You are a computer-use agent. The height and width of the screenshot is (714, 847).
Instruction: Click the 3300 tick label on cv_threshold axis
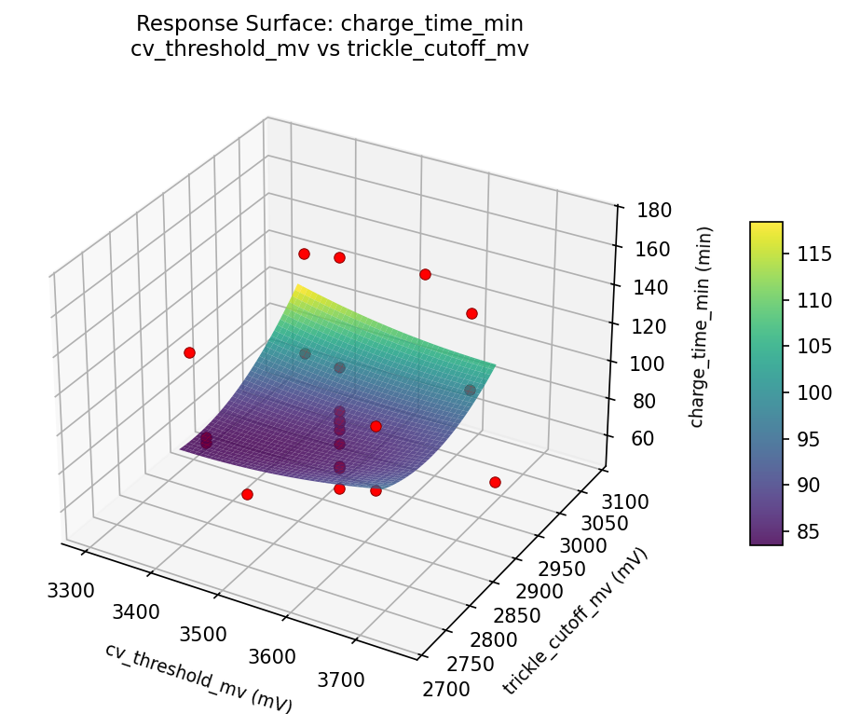(x=69, y=590)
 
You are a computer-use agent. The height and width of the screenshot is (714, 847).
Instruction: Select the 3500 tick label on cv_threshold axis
(x=203, y=635)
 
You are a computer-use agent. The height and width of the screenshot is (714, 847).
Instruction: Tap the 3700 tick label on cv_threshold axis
(x=341, y=680)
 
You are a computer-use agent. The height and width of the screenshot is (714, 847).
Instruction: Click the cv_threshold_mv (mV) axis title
(x=198, y=678)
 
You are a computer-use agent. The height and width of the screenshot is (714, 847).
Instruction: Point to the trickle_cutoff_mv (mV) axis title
(x=575, y=621)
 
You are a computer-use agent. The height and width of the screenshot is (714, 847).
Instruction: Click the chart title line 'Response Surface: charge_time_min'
(x=330, y=23)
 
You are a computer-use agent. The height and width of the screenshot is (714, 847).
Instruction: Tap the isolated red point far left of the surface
(x=189, y=352)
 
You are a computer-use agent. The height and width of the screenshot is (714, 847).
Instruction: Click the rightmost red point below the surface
(x=495, y=482)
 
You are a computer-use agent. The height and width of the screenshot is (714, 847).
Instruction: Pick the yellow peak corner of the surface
(x=298, y=286)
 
